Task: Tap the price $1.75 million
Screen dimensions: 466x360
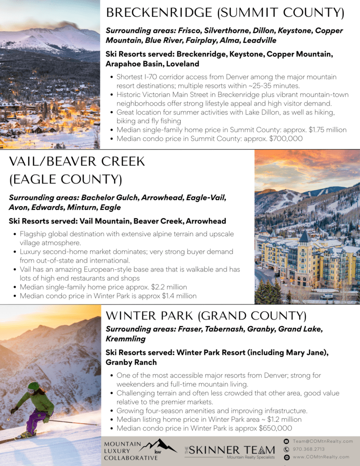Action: (x=327, y=130)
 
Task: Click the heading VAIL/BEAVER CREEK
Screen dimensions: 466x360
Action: (x=77, y=162)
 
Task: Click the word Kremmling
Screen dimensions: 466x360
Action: (x=126, y=339)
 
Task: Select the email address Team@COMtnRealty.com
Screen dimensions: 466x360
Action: (x=323, y=441)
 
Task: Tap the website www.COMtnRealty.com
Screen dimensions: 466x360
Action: (x=321, y=457)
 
